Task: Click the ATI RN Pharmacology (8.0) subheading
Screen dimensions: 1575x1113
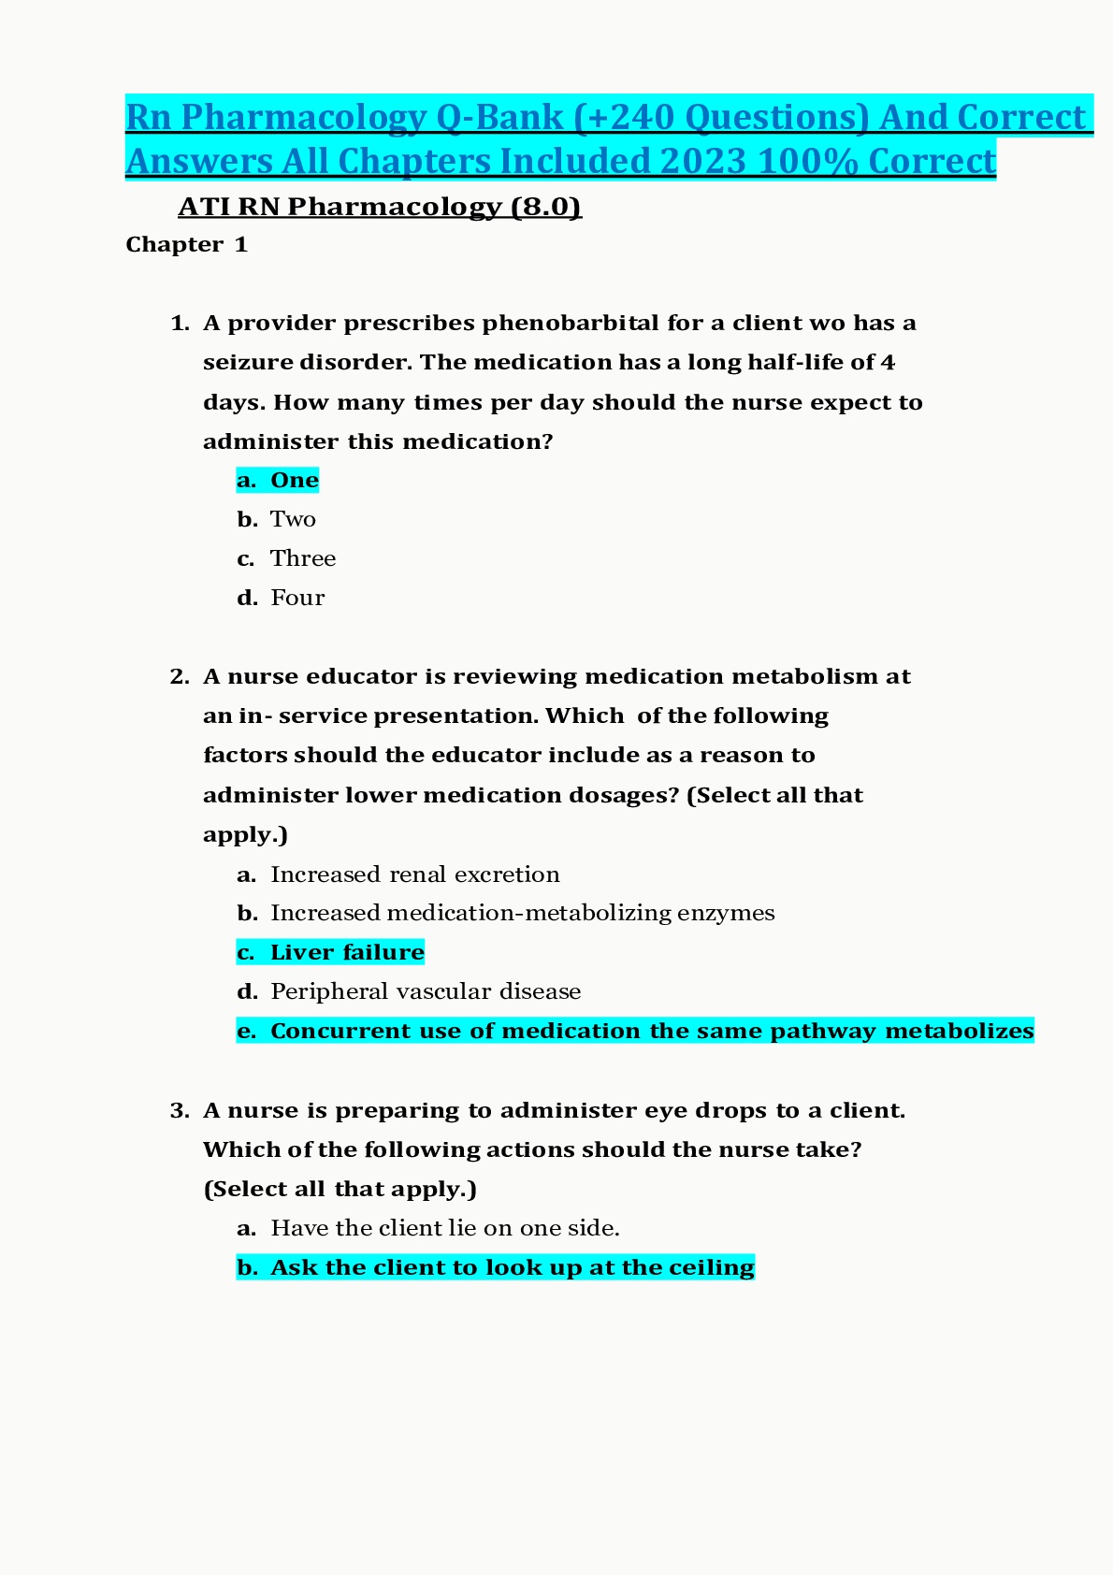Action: [x=380, y=207]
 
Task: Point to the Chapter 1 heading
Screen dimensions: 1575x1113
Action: [x=187, y=245]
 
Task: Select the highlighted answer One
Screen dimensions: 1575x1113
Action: [x=294, y=481]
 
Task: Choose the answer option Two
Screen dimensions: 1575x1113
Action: [x=293, y=520]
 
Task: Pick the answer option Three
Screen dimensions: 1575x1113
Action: [x=303, y=559]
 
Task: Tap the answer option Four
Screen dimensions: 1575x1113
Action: [x=297, y=599]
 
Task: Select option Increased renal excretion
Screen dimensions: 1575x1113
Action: [x=414, y=875]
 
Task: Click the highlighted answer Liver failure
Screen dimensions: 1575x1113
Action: [x=346, y=953]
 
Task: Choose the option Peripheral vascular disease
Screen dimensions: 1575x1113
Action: [x=426, y=991]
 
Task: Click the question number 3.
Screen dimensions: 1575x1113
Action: [x=180, y=1111]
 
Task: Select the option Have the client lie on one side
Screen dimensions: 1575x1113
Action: [x=444, y=1228]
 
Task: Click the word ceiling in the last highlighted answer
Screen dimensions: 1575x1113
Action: [x=712, y=1268]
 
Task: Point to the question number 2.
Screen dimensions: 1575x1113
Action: [x=180, y=677]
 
